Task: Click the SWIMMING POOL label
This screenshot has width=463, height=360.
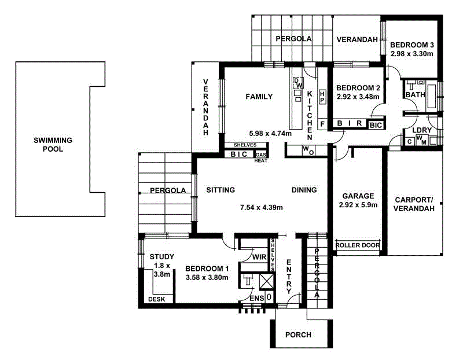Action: (x=53, y=144)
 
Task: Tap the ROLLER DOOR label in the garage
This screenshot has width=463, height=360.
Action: (x=358, y=245)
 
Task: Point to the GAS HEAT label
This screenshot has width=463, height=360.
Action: (x=261, y=158)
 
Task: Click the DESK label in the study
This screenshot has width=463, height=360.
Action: (x=156, y=299)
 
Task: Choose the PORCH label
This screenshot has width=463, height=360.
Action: (x=299, y=335)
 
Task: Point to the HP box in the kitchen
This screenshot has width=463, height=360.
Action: (x=323, y=95)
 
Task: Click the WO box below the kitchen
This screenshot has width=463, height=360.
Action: (x=308, y=151)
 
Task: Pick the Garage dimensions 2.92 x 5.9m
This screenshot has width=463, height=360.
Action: (x=358, y=205)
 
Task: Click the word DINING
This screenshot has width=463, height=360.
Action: (x=304, y=190)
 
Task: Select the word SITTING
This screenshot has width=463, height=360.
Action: (x=220, y=190)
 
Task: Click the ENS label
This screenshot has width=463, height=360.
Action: (x=257, y=298)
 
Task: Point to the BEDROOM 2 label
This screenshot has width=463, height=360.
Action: (x=358, y=88)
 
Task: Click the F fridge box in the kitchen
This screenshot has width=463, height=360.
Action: (x=322, y=124)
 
